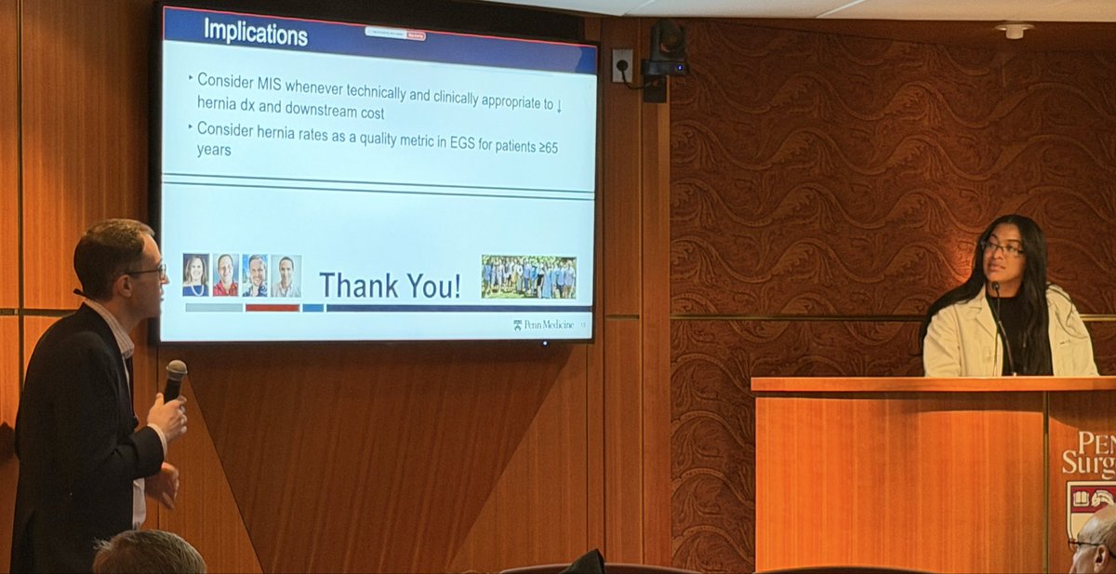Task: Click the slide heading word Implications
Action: point(256,33)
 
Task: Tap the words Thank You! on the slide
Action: point(390,285)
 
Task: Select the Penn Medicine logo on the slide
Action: point(544,325)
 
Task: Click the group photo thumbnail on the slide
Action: point(528,276)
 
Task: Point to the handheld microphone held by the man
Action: point(174,377)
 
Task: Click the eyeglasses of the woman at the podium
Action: point(1002,248)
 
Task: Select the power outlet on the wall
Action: point(622,65)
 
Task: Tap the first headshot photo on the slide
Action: point(195,274)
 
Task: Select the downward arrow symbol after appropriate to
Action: point(559,103)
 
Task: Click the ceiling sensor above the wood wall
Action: point(1013,30)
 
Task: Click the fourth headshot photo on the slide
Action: point(286,275)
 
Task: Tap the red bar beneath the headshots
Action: point(272,308)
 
